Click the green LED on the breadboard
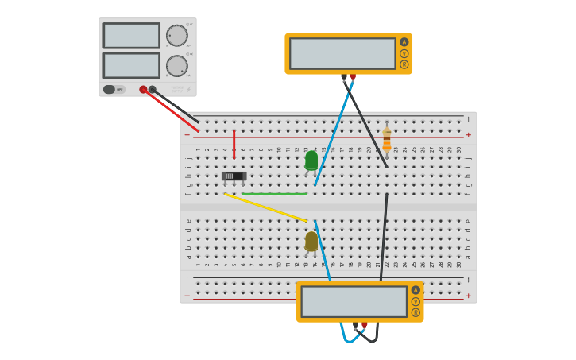[311, 161]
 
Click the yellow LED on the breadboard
[311, 241]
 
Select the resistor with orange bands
[387, 141]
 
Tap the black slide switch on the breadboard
[234, 176]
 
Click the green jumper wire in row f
[274, 194]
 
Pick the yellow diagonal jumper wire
[265, 207]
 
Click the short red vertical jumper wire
[234, 144]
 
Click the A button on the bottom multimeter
[416, 290]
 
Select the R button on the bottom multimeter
[416, 312]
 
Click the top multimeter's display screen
[342, 54]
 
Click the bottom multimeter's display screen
[354, 302]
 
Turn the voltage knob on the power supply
[176, 36]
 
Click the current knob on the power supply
[176, 66]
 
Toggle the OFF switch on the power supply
[114, 89]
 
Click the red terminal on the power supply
[143, 90]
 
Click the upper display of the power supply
[131, 36]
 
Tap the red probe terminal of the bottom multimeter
[365, 325]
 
